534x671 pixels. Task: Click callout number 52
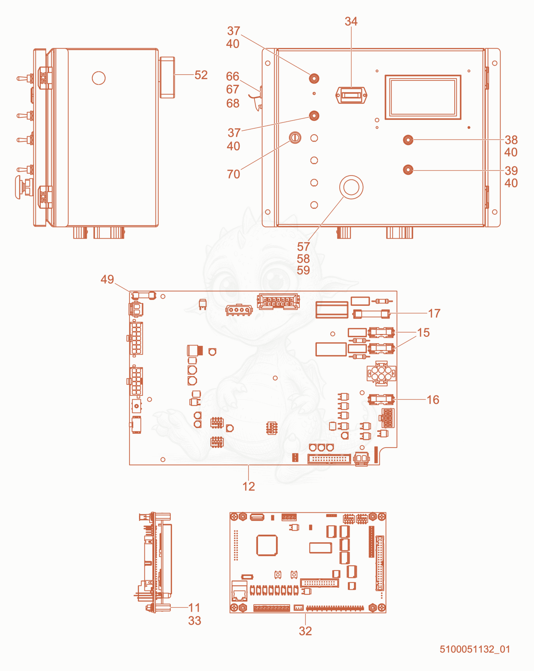coord(201,75)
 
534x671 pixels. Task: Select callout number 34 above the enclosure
coord(351,21)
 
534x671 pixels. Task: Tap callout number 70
coord(234,174)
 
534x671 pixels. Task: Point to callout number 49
coord(107,279)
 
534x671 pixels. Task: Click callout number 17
coord(434,313)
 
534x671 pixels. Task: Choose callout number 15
coord(423,333)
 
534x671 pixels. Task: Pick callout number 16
coord(433,400)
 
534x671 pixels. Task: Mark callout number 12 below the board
coord(249,486)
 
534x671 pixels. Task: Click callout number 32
coord(305,631)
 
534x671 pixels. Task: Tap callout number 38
coord(511,140)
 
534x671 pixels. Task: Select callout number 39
coord(511,171)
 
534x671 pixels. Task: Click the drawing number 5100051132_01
coord(475,649)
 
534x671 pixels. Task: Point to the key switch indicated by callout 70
coord(295,137)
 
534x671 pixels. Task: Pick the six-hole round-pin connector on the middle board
coord(381,373)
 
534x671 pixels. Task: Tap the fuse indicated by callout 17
coord(371,314)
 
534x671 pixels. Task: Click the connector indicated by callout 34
coord(351,95)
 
